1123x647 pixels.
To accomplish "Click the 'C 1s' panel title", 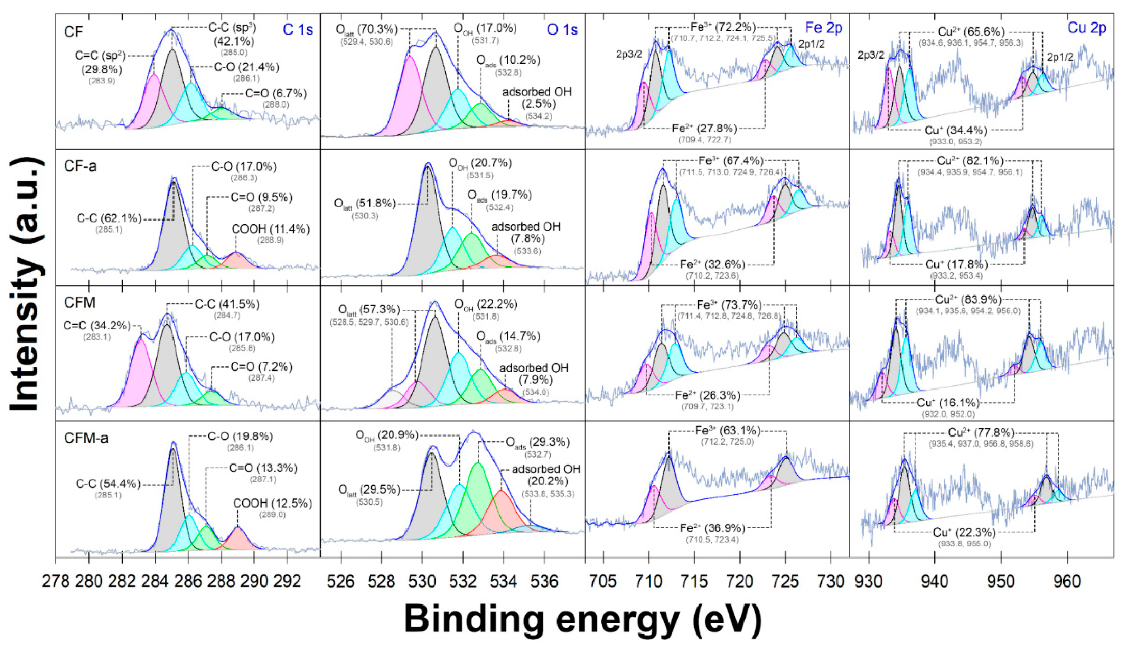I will click(x=298, y=29).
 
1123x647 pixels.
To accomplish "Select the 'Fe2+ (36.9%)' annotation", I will click(x=712, y=528).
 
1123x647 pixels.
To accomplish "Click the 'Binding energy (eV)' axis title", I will click(x=583, y=619).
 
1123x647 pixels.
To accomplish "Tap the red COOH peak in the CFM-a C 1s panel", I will click(x=238, y=540).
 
